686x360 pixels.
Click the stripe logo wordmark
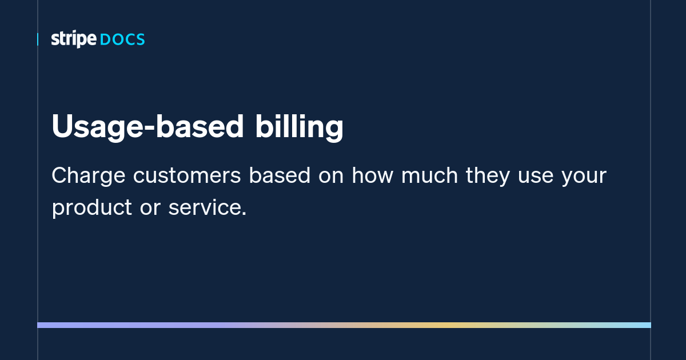(74, 39)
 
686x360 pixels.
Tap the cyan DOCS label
(122, 40)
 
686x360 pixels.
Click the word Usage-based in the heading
(147, 127)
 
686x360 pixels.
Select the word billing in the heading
(299, 127)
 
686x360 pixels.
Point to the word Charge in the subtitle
(89, 177)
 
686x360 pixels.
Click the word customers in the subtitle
(187, 176)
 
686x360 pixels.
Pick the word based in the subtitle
(280, 175)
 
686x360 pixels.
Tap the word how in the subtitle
(372, 175)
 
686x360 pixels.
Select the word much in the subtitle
(430, 175)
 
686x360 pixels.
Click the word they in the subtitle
(488, 177)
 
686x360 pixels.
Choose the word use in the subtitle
(536, 177)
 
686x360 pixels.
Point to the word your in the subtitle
(584, 178)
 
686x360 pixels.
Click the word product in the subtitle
(92, 208)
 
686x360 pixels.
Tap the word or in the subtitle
(150, 209)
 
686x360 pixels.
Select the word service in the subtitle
(205, 207)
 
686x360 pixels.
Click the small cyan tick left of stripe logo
(38, 39)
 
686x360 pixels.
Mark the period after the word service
(244, 214)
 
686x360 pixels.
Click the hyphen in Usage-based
(149, 129)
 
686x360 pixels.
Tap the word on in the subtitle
(331, 177)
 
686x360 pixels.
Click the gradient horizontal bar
(344, 325)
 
